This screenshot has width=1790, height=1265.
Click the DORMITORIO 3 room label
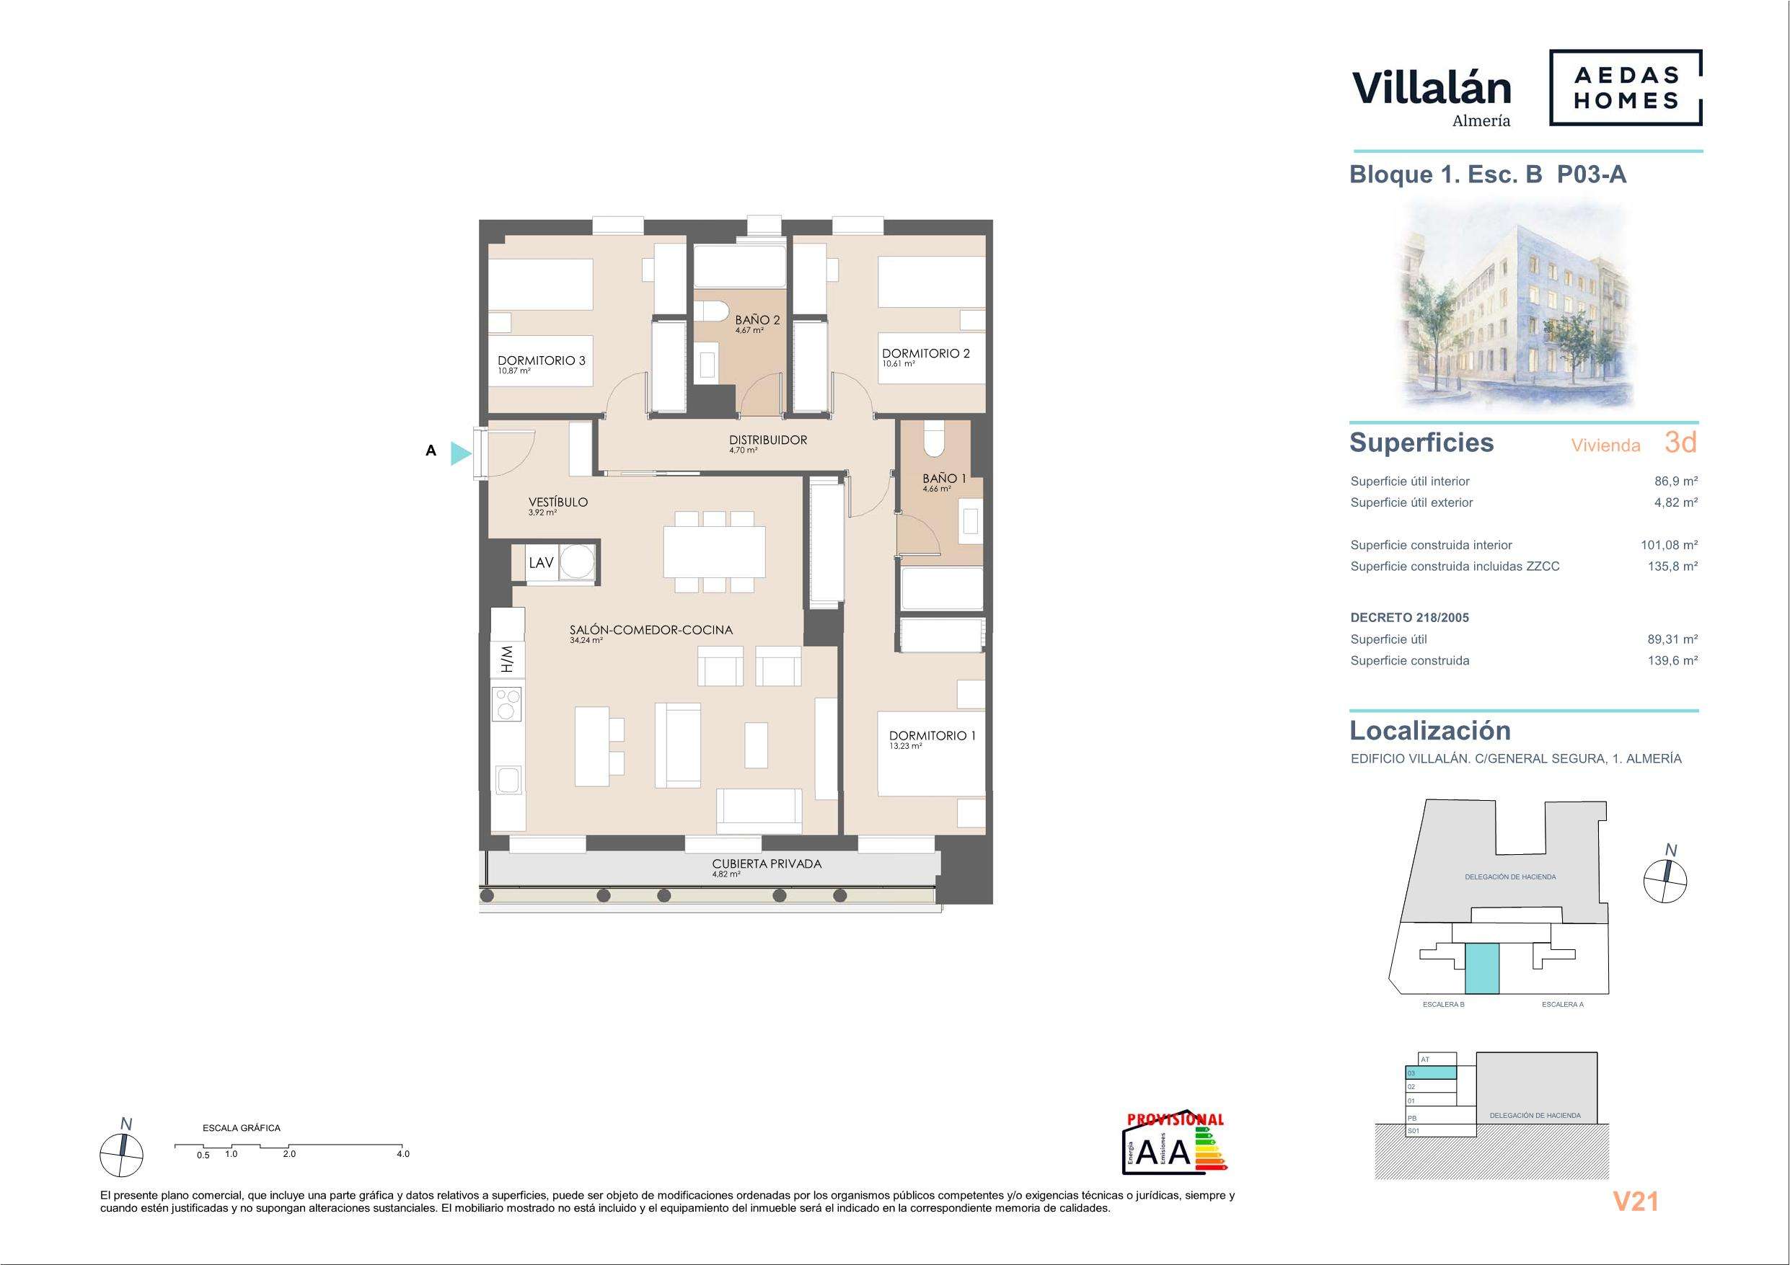point(541,361)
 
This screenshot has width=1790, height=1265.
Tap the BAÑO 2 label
point(757,319)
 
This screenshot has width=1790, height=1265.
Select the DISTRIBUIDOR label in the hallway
point(768,440)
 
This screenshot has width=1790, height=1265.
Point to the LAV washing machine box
point(555,562)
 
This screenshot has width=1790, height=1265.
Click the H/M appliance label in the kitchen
point(508,659)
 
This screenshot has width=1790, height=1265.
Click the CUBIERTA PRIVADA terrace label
point(767,864)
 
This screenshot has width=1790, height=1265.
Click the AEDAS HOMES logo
point(1625,87)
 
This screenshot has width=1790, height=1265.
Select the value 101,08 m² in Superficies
point(1669,546)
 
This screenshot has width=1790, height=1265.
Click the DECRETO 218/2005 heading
point(1409,618)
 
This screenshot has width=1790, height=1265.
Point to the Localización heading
point(1430,730)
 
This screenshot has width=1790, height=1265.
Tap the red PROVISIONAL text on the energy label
point(1176,1119)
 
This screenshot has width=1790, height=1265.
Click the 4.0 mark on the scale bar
point(402,1154)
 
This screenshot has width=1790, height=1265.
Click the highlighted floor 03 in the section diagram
point(1430,1073)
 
